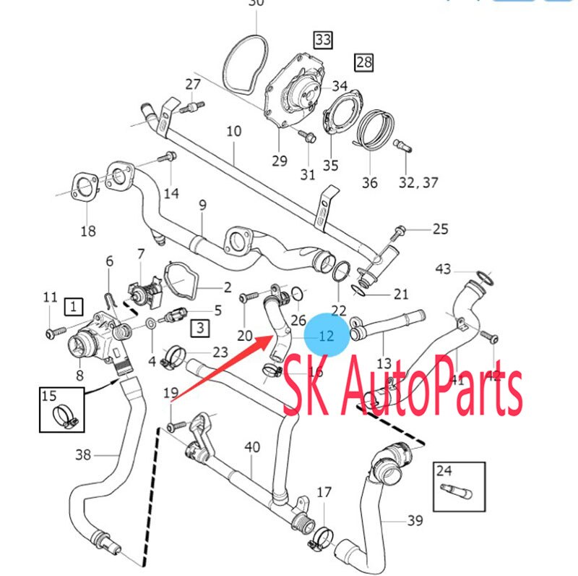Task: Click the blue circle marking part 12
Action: (326, 335)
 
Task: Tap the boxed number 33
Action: (322, 41)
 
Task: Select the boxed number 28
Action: (364, 62)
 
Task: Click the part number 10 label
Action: (233, 132)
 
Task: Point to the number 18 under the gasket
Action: (87, 232)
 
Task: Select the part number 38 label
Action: (84, 455)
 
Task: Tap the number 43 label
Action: (443, 269)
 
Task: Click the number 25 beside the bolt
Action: (440, 229)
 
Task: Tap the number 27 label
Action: (192, 84)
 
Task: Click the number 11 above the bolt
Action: (50, 297)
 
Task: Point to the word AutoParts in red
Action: (441, 391)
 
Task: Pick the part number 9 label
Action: (202, 205)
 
